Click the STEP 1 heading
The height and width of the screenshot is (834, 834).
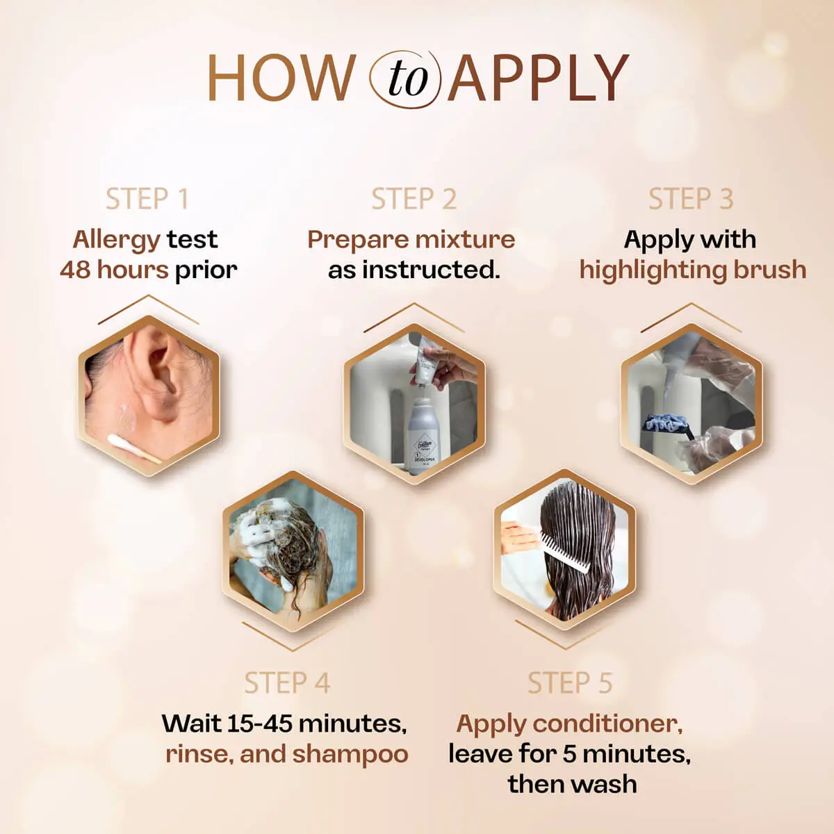click(147, 199)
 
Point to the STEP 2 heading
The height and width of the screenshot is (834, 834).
click(414, 199)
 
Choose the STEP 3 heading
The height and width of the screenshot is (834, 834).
click(691, 199)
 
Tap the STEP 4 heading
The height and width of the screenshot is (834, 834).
click(286, 683)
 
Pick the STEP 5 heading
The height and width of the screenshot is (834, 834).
click(570, 683)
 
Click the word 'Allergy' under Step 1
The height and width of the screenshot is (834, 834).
click(116, 240)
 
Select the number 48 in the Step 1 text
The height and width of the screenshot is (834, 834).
click(75, 270)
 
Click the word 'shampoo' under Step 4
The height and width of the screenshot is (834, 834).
click(350, 754)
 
